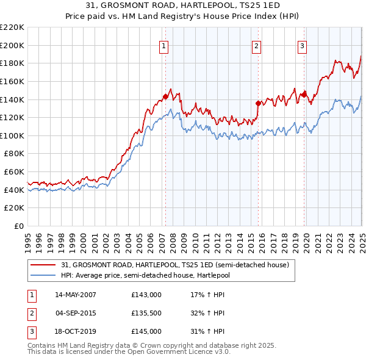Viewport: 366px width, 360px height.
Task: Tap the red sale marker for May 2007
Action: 165,96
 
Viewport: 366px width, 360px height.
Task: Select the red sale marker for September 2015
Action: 258,103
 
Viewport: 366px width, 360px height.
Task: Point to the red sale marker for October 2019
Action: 304,94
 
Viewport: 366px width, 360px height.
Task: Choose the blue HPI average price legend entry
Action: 160,275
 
